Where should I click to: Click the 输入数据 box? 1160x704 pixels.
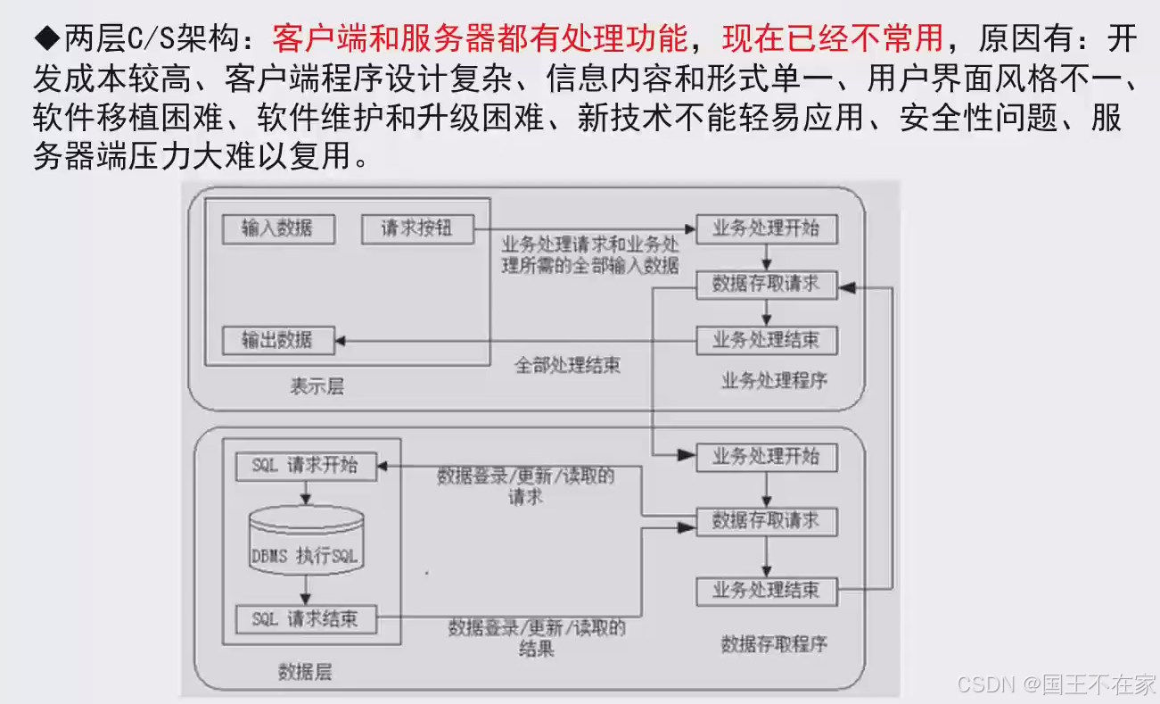(x=277, y=228)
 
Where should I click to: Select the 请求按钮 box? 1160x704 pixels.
(x=417, y=228)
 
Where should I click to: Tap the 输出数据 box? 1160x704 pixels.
(x=277, y=340)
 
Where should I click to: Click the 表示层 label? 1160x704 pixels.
(x=317, y=386)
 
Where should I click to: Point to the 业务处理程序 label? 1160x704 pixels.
(x=773, y=381)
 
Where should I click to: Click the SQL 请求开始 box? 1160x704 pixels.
(x=305, y=465)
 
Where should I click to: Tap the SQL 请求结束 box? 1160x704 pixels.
(x=305, y=618)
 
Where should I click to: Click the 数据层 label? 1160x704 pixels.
(x=305, y=672)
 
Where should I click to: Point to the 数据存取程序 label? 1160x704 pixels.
(x=773, y=643)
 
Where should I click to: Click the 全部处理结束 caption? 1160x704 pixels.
(x=567, y=365)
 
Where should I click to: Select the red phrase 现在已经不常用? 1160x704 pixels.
(x=832, y=38)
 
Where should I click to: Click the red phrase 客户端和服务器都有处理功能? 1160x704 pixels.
(x=480, y=38)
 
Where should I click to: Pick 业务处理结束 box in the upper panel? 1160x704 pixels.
(x=766, y=340)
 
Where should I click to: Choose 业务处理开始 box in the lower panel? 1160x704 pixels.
(x=766, y=456)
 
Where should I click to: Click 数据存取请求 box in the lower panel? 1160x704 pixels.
(x=766, y=521)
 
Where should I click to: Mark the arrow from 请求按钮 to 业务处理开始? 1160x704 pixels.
(x=584, y=228)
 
